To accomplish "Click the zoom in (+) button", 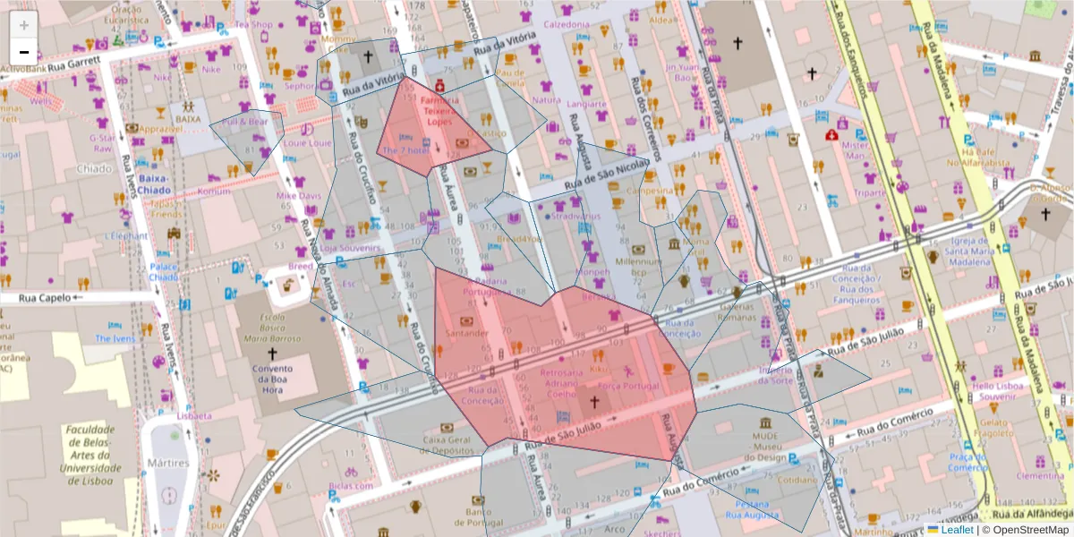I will coord(24,25).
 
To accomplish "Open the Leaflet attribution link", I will coord(956,530).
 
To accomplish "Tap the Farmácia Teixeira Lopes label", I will coord(439,111).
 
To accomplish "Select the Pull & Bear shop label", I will coord(245,121).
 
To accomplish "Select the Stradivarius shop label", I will coord(575,217).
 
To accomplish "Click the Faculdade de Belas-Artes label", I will coord(89,455).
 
